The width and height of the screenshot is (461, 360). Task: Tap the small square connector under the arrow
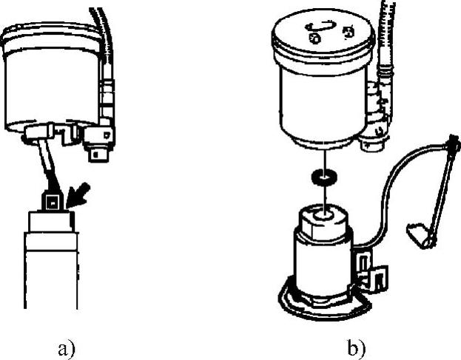pyautogui.click(x=52, y=201)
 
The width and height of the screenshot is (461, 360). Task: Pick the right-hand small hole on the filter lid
pyautogui.click(x=347, y=33)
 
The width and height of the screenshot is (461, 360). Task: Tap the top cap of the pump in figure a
pyautogui.click(x=50, y=221)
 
